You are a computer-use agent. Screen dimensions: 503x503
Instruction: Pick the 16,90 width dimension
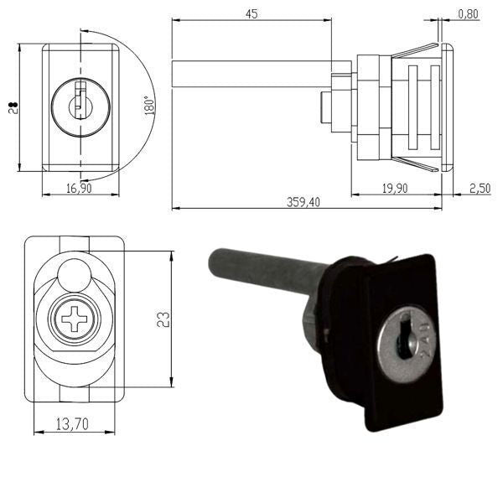pos(79,189)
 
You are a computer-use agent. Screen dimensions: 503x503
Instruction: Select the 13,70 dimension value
pos(74,426)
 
